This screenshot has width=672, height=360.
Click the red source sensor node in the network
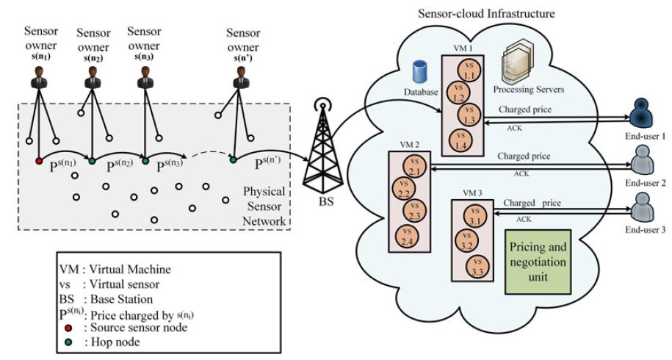pos(38,160)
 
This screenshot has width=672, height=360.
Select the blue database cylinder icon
pos(420,71)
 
